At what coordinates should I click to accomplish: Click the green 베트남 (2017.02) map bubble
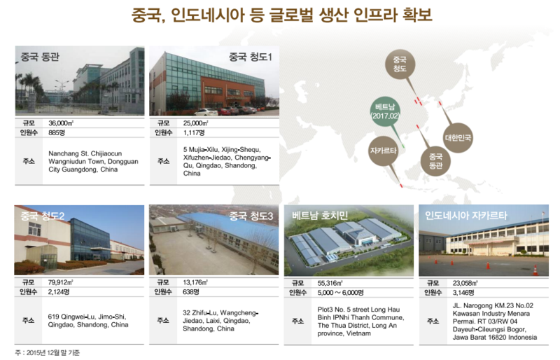click(385, 111)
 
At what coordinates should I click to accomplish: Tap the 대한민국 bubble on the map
click(458, 138)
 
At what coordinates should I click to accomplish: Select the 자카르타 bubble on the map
click(383, 151)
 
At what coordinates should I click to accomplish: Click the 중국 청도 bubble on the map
click(400, 64)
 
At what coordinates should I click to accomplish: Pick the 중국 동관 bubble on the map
click(435, 161)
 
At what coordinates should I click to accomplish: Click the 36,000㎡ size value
click(61, 123)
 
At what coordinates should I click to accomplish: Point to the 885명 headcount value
click(57, 132)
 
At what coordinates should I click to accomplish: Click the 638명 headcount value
click(190, 292)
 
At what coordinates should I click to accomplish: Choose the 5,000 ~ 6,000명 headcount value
click(340, 293)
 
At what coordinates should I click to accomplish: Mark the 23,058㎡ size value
click(465, 283)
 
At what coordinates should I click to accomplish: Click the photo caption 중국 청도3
click(251, 216)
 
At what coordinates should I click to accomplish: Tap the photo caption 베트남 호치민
click(320, 215)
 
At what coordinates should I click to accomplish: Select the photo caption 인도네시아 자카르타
click(466, 215)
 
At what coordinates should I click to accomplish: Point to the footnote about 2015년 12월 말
click(47, 353)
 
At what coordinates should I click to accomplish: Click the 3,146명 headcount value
click(463, 293)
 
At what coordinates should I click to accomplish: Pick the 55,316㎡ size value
click(330, 283)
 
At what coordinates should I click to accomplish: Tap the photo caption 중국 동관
click(40, 57)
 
